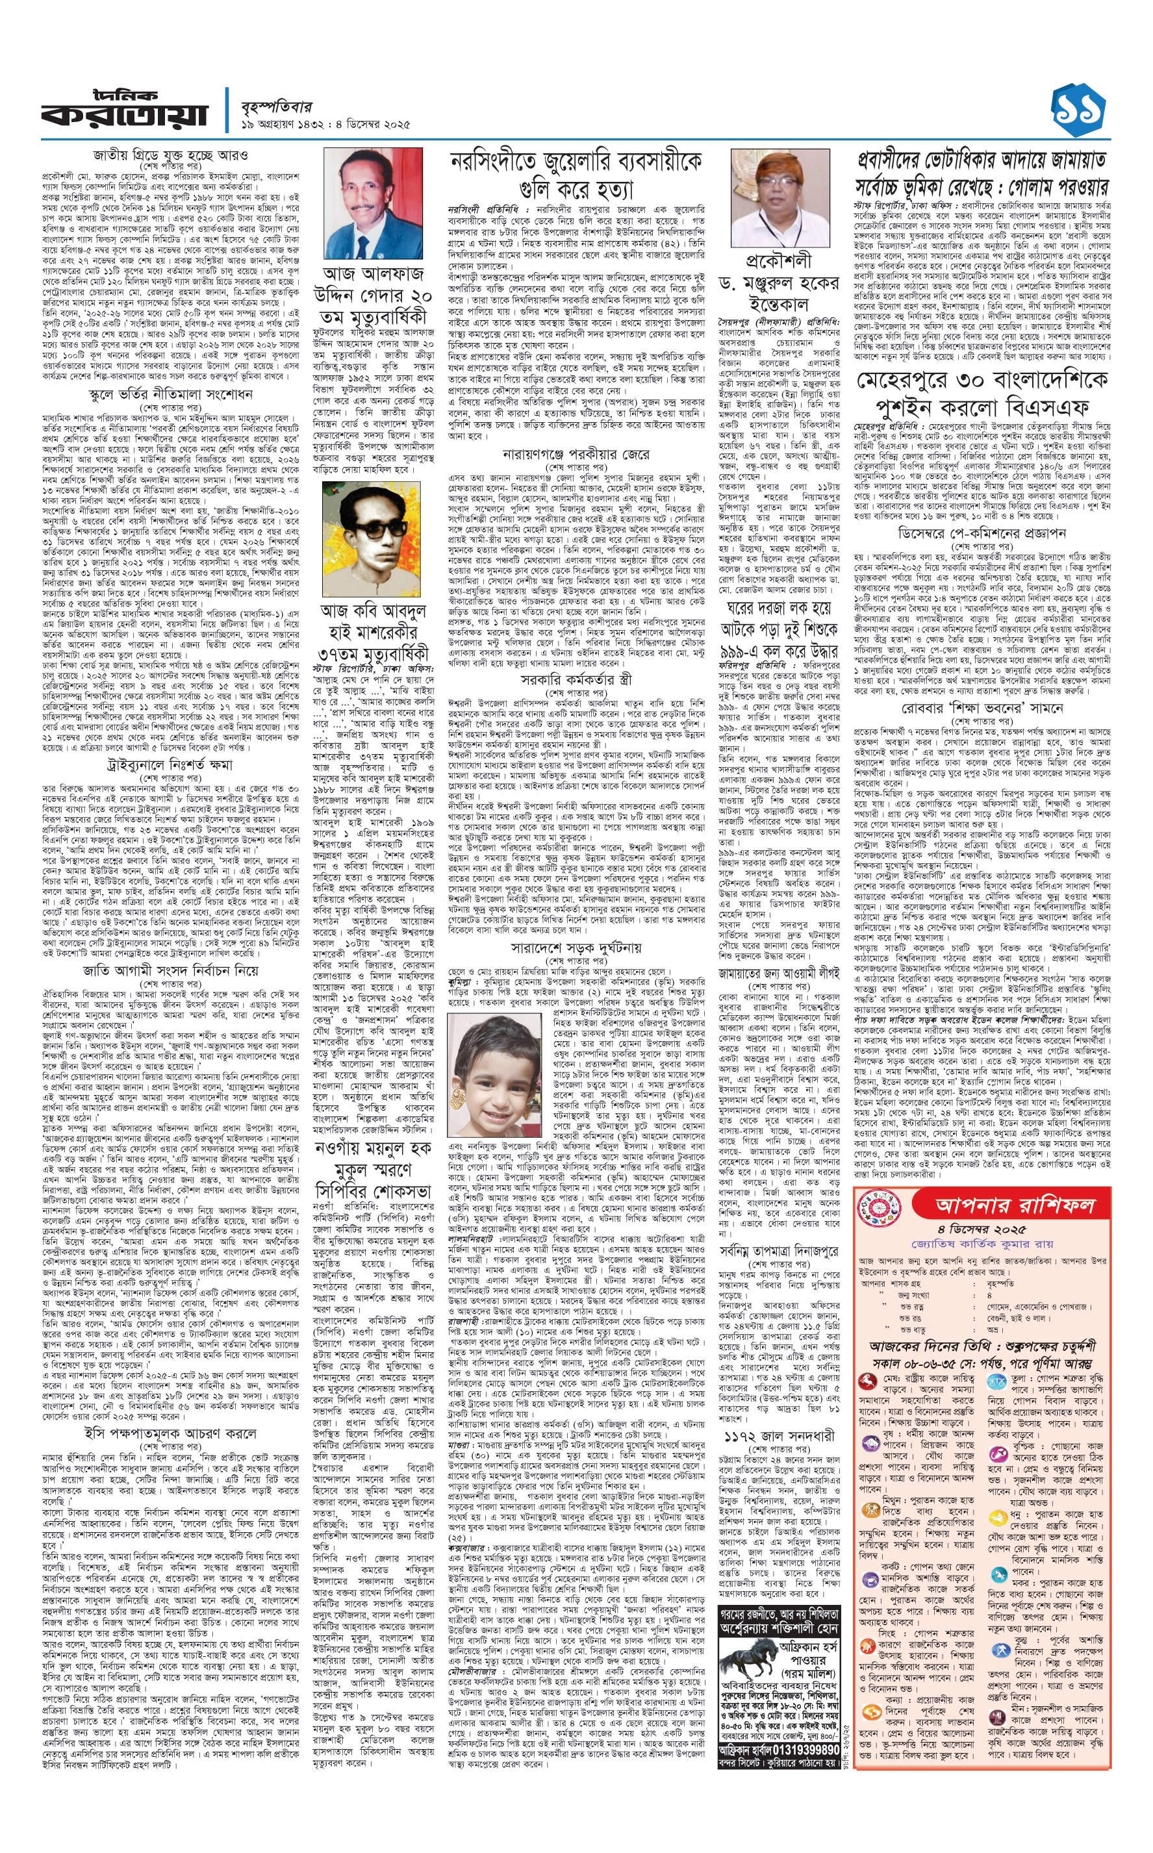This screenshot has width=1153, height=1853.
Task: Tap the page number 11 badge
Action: [1078, 110]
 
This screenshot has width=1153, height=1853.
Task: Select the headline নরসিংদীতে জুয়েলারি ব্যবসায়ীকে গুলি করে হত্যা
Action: [576, 175]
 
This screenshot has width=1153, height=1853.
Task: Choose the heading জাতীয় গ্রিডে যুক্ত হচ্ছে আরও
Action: [170, 155]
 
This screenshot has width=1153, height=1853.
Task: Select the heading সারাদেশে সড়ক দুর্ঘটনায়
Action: [576, 948]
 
